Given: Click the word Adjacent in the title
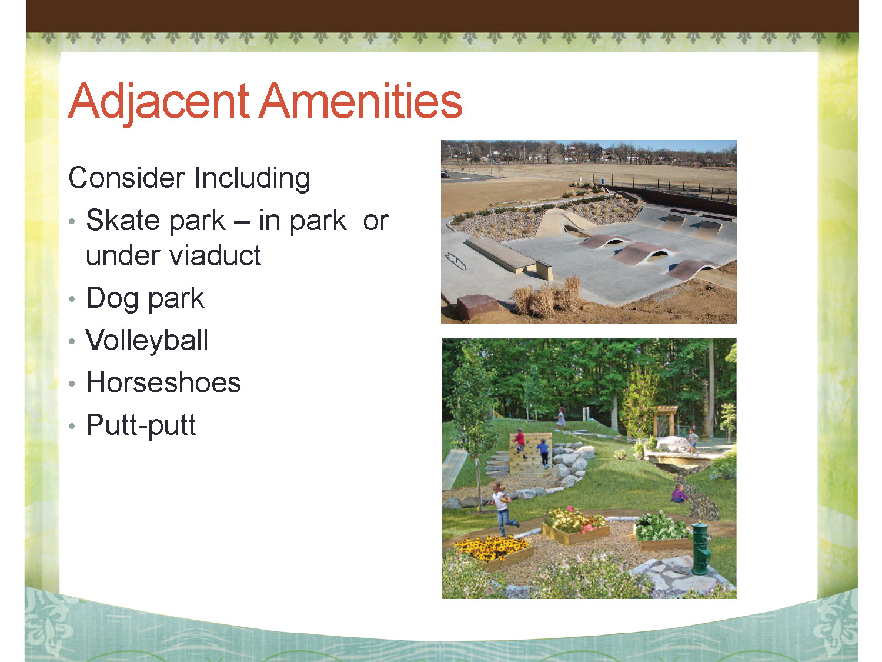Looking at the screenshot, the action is (x=159, y=101).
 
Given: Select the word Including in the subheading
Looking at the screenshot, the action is (x=252, y=178).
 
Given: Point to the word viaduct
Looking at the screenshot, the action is (x=215, y=255).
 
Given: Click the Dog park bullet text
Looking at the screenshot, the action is (x=145, y=299).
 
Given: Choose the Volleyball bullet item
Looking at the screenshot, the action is (x=147, y=340).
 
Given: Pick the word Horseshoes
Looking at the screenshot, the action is (x=163, y=382).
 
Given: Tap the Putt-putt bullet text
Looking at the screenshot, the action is (x=141, y=425).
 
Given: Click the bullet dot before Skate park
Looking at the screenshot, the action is (x=72, y=221).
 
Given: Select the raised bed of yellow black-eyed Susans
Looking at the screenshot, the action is (x=493, y=551).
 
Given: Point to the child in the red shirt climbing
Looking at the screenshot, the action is (x=520, y=443).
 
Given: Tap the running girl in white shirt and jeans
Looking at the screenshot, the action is (x=502, y=508).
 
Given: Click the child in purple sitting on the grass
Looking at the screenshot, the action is (x=679, y=493).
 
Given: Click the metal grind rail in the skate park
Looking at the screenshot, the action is (x=456, y=261).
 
